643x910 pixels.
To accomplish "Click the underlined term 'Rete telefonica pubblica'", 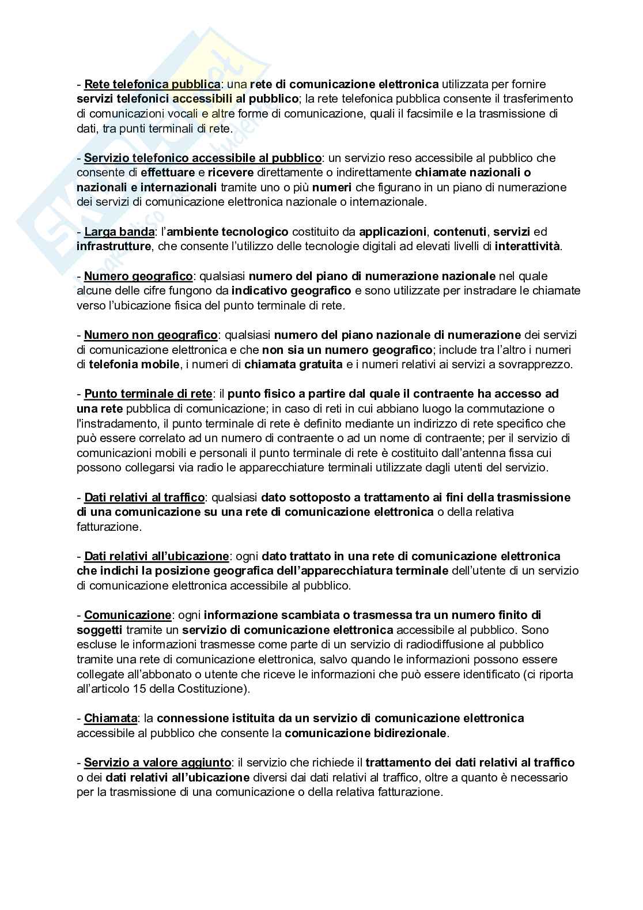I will tap(152, 85).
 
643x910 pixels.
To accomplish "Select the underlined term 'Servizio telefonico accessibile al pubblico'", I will tap(203, 158).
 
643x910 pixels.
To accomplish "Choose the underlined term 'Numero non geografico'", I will tap(151, 335).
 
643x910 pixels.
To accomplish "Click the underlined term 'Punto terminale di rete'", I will tap(148, 394).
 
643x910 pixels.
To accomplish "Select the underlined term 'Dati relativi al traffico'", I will tap(144, 497).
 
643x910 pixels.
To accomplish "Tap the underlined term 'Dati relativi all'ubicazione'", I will tap(157, 556).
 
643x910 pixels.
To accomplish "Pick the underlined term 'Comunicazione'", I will tap(127, 615).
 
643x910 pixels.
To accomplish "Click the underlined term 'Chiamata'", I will tap(111, 719).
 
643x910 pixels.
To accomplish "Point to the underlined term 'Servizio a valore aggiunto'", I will tap(157, 762).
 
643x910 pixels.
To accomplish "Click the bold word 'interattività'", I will tap(527, 247).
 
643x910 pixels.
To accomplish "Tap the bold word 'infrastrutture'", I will tap(114, 247).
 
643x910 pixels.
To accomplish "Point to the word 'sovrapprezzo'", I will tap(541, 364).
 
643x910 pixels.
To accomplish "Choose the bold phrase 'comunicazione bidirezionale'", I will tap(365, 733).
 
